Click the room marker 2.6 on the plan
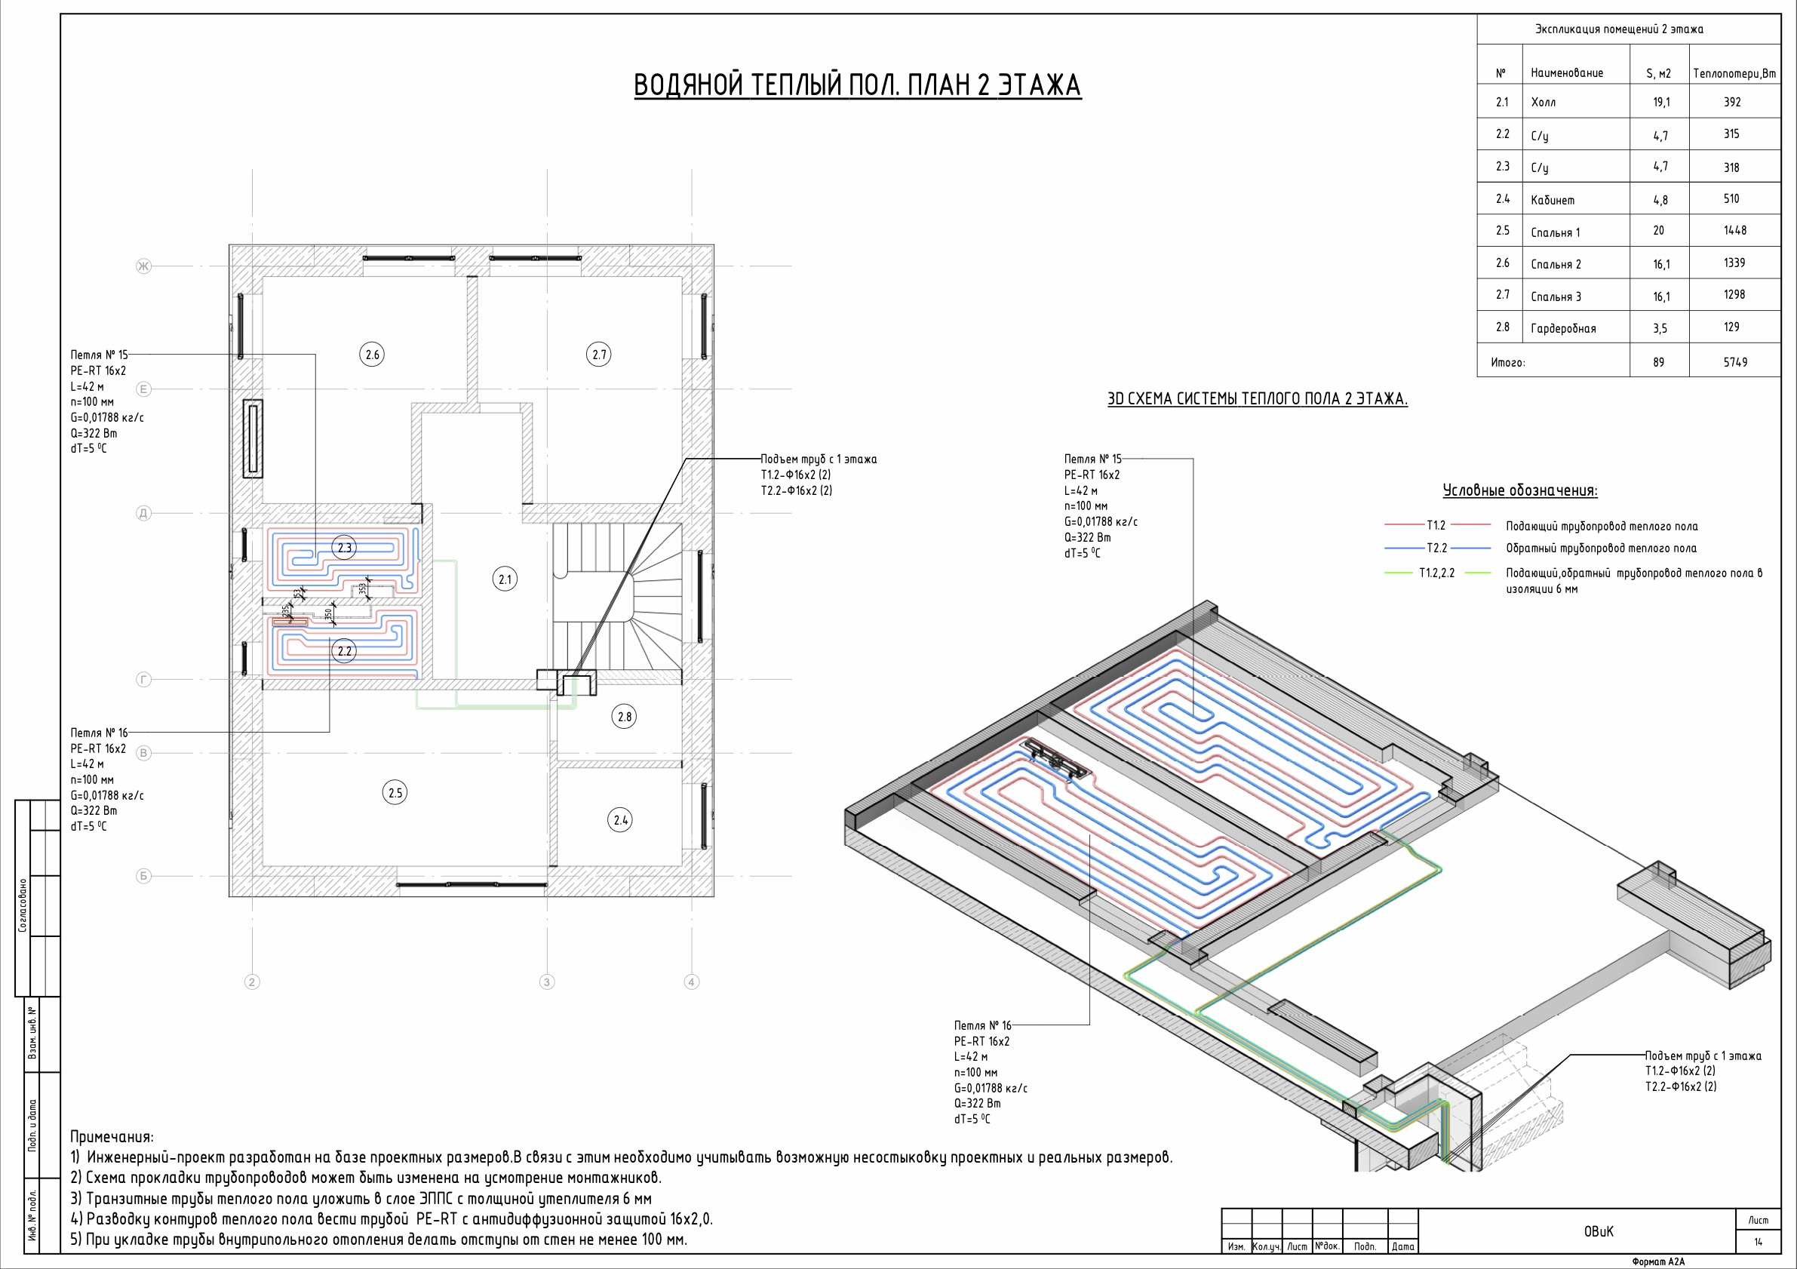[373, 355]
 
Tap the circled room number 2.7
[599, 355]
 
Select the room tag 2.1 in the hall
[505, 579]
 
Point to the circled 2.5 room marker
[395, 793]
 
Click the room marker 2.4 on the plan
[621, 820]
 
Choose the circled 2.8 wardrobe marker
[625, 716]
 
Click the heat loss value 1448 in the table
[1734, 231]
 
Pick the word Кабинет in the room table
[1553, 200]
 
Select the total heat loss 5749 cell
[1735, 362]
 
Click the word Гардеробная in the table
[1563, 329]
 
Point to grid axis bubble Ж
[143, 266]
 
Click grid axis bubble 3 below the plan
[547, 982]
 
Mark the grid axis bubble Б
[143, 876]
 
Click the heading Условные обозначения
[1520, 491]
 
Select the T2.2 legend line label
[1436, 548]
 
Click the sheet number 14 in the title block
[1759, 1242]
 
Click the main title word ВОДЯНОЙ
[687, 84]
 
